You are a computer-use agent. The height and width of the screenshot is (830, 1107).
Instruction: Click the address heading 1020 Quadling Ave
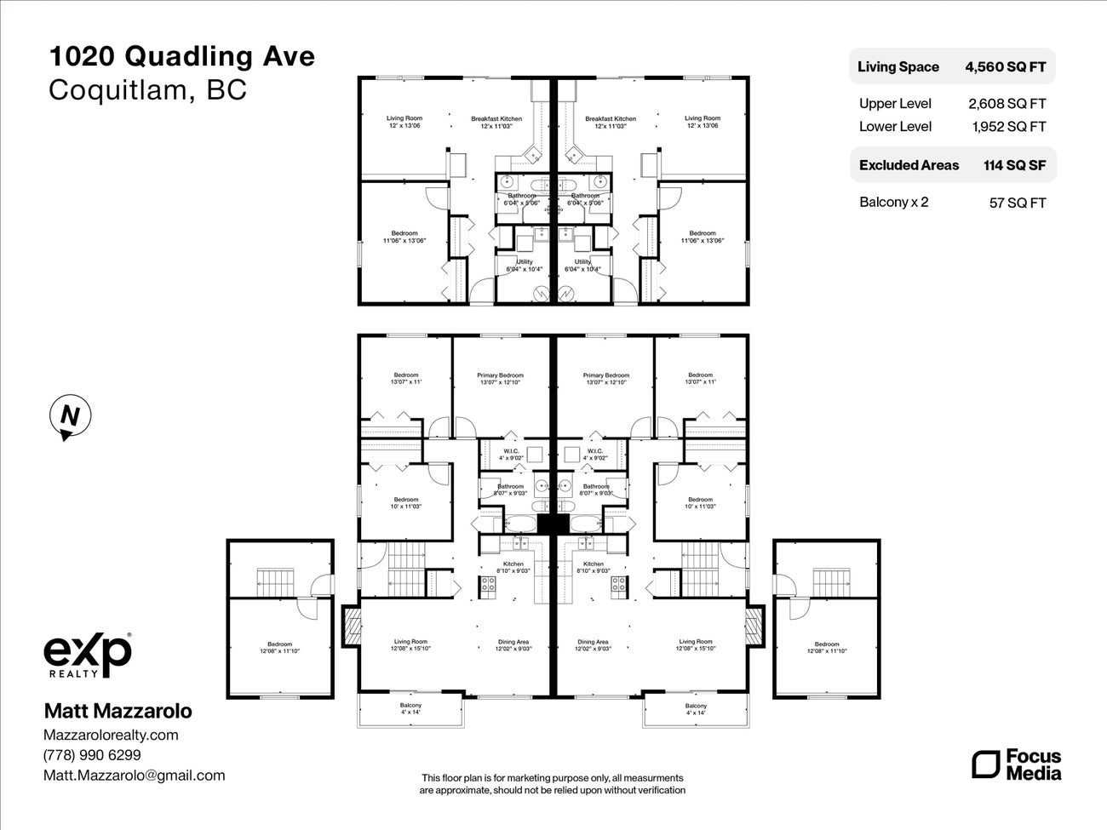click(181, 57)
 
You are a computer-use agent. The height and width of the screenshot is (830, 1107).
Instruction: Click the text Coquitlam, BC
click(147, 90)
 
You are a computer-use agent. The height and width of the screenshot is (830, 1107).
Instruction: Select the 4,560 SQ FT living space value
click(1005, 66)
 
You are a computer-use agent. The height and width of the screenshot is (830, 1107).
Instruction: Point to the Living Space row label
click(898, 66)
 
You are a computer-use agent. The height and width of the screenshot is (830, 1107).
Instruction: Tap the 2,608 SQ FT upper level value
click(1007, 104)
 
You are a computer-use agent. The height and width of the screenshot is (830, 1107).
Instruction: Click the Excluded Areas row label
click(909, 165)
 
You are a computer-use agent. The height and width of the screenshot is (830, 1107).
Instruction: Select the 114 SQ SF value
click(1014, 165)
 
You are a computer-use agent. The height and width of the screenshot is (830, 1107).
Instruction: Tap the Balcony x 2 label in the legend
click(893, 202)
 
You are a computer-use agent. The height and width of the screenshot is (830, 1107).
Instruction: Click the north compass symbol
click(69, 417)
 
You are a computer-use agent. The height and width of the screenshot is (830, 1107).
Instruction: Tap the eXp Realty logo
click(88, 655)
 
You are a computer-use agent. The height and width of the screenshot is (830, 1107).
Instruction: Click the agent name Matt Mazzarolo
click(118, 711)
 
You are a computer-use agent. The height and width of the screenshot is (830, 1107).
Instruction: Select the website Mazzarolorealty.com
click(111, 735)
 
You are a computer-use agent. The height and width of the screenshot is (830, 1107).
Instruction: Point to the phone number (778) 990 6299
click(92, 755)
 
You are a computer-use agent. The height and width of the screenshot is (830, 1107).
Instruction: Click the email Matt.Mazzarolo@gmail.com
click(135, 776)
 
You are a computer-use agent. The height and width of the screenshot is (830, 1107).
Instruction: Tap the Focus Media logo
click(1017, 764)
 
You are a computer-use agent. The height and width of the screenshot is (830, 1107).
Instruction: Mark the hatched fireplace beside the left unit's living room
click(351, 627)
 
